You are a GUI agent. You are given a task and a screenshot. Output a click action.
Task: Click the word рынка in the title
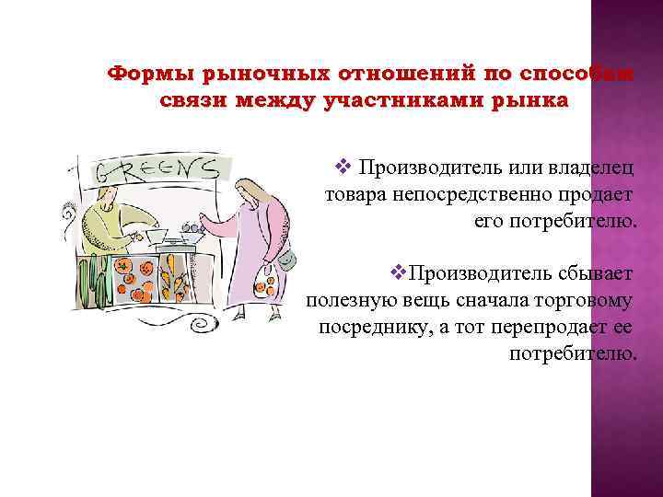(x=526, y=99)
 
